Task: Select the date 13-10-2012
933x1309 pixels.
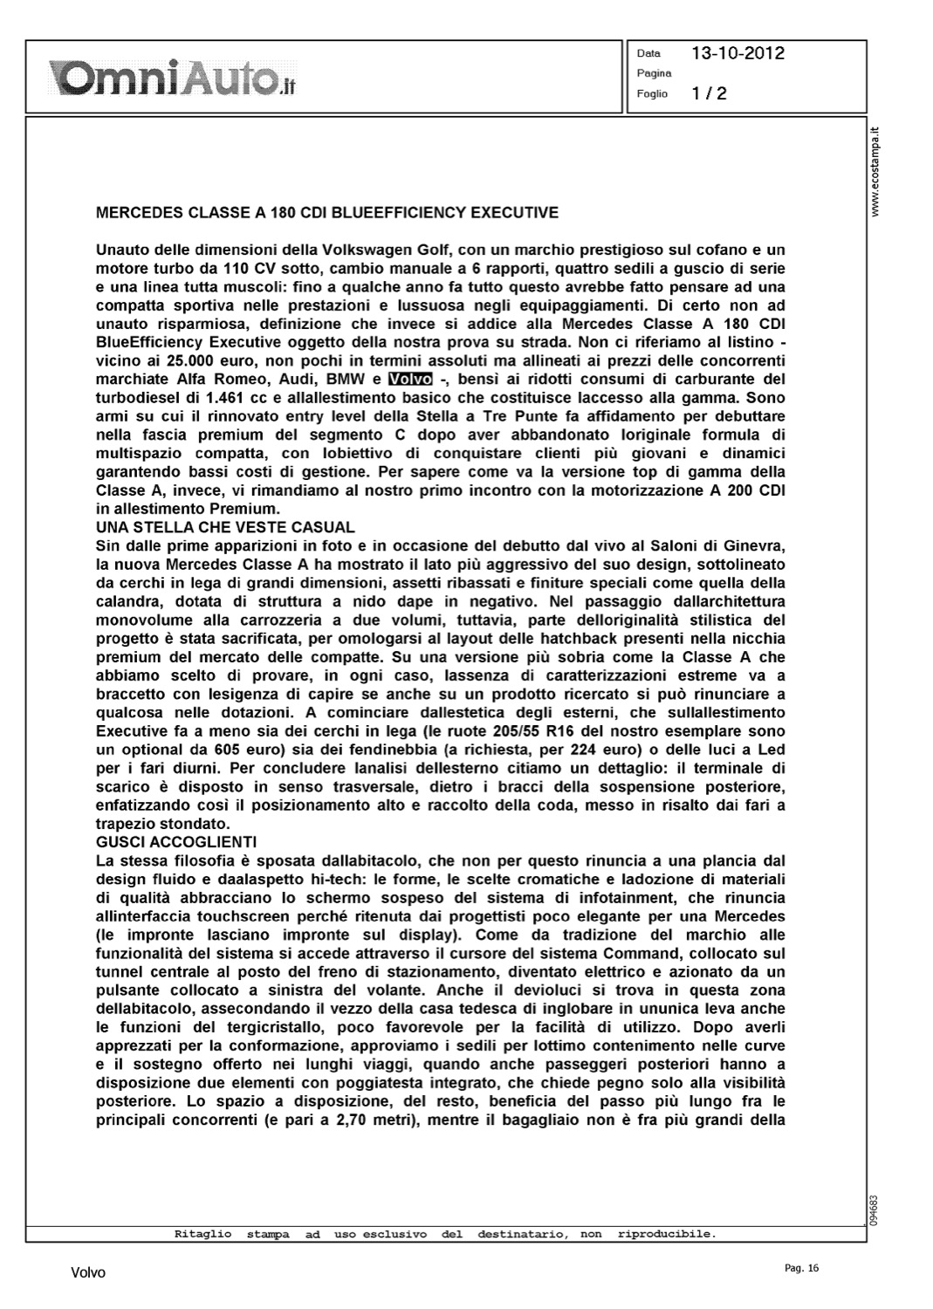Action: click(x=737, y=53)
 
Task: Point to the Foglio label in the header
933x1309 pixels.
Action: click(x=652, y=93)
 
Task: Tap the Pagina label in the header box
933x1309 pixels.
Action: click(x=654, y=73)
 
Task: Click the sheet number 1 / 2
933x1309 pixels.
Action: click(x=709, y=93)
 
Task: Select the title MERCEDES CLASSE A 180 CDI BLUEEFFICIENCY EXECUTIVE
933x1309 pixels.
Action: click(x=326, y=212)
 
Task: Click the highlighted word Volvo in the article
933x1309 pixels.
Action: click(x=410, y=380)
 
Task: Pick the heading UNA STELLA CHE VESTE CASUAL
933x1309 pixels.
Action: click(x=225, y=527)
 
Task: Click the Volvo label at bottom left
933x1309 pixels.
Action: click(x=87, y=1273)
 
